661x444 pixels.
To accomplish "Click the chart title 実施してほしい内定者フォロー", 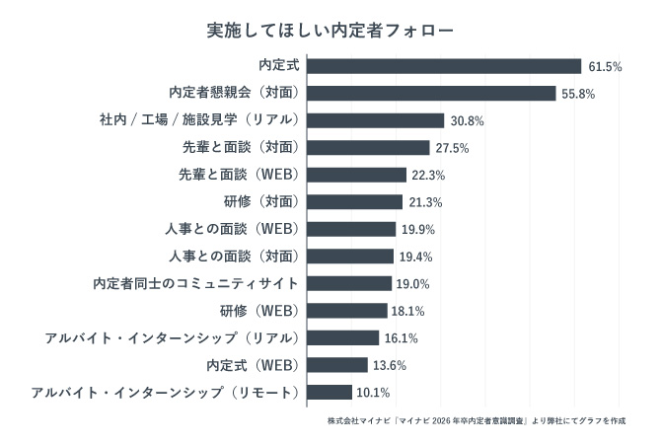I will (330, 31).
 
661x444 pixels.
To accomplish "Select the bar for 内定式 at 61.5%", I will (444, 66).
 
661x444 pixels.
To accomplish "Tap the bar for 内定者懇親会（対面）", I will (431, 93).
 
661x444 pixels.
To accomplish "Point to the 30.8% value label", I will (467, 120).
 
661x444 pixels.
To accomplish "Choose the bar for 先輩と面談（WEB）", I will (356, 175).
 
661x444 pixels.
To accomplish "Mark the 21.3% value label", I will (425, 202).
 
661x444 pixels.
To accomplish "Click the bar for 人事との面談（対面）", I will (350, 257).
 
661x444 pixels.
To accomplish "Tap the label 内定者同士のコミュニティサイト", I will (195, 283).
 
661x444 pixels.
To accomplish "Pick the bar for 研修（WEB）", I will (347, 311).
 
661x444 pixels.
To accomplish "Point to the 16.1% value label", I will (402, 337).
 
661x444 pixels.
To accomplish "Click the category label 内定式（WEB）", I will (252, 365).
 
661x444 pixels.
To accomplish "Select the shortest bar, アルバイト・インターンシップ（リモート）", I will (330, 392).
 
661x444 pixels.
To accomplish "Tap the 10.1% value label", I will (373, 392).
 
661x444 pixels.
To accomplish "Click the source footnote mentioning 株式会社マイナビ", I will (477, 420).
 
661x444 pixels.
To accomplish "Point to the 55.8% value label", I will (578, 94).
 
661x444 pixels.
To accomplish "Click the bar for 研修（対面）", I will (354, 202).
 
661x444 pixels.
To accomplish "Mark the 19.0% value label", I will (413, 283).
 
